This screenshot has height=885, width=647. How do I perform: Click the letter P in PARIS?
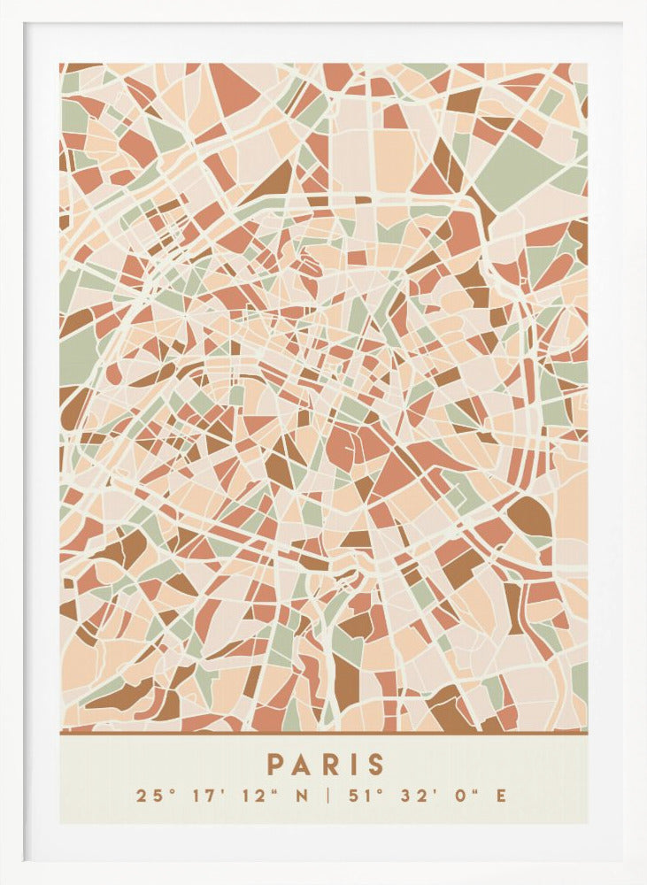point(275,765)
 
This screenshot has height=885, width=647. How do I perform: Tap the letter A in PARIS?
point(302,765)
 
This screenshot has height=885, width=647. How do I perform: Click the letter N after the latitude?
point(302,796)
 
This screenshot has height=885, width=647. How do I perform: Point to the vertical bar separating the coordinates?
point(327,796)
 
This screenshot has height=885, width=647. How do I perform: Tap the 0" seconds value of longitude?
point(465,796)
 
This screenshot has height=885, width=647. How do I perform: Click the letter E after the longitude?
point(501,796)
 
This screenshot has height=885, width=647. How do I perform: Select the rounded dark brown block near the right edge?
point(529,516)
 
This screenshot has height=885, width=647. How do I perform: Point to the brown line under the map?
point(323,733)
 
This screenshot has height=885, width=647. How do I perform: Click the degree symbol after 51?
point(373,790)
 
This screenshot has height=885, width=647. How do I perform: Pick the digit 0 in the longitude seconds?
point(460,796)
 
